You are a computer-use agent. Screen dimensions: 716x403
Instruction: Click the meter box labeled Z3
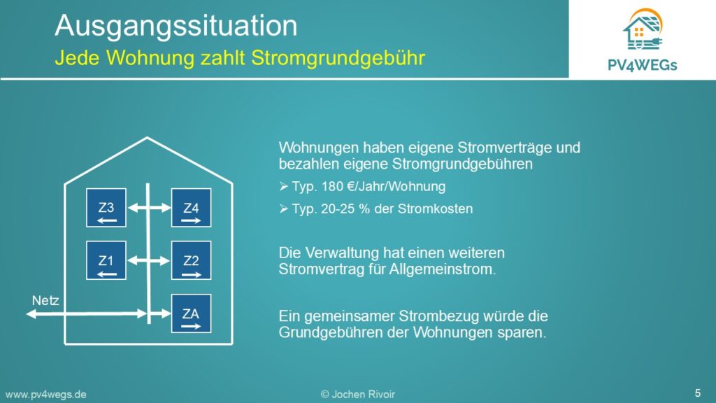click(x=106, y=208)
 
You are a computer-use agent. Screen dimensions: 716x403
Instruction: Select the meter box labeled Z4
click(x=191, y=208)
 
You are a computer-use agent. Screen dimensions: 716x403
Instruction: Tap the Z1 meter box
click(x=106, y=260)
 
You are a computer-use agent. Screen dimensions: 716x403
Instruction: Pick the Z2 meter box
click(x=191, y=260)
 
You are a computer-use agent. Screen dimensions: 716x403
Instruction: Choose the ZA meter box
click(x=191, y=313)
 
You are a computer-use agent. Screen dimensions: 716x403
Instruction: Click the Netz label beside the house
click(x=45, y=301)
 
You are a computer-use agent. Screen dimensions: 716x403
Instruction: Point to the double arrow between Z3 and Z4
click(x=150, y=208)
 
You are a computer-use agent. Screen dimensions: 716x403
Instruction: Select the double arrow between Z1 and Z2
click(x=150, y=260)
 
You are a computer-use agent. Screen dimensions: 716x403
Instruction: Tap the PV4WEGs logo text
click(x=642, y=65)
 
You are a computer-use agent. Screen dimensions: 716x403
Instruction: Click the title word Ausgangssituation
click(x=176, y=26)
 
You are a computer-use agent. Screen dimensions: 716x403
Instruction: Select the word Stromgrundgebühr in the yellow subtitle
click(x=338, y=59)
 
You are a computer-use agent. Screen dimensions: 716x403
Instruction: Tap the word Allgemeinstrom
click(x=442, y=269)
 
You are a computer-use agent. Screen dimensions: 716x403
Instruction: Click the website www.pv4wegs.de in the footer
click(x=45, y=395)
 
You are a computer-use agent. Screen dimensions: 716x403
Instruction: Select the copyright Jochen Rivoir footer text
click(x=357, y=395)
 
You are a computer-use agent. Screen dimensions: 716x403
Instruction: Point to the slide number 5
click(x=697, y=393)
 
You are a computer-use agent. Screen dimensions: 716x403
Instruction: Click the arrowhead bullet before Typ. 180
click(x=284, y=186)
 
